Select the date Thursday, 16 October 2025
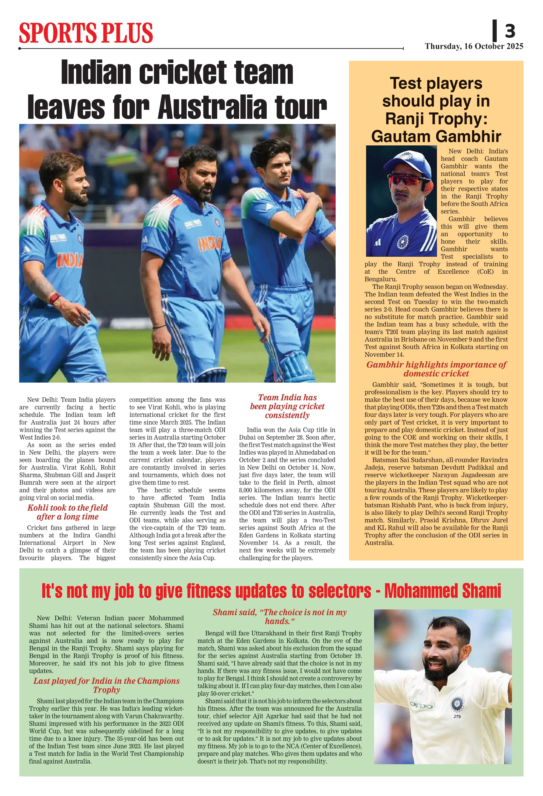[474, 46]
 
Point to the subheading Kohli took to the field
[67, 508]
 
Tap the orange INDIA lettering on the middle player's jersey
[209, 244]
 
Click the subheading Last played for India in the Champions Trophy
[106, 685]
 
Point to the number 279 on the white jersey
[457, 716]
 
